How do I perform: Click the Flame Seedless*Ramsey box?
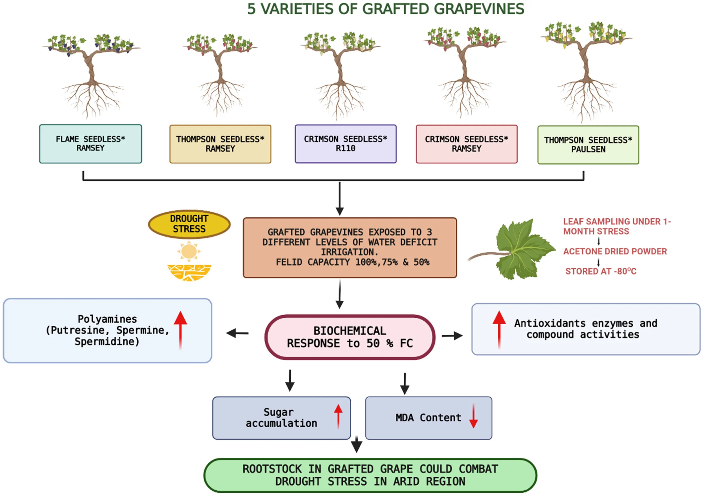coord(90,144)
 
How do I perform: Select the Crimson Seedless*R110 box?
coord(346,144)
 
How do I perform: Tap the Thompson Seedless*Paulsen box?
coord(588,145)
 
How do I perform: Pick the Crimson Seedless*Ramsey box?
coord(466,144)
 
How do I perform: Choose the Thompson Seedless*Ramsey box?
coord(220,144)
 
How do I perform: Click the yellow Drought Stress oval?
coord(189,224)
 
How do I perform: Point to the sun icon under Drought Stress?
coord(189,251)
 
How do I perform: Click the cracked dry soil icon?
coord(189,273)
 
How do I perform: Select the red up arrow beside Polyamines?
coord(180,330)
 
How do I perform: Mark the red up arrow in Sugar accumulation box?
coord(338,416)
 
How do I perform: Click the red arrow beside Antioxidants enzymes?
coord(499,329)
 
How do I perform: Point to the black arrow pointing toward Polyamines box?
coord(237,333)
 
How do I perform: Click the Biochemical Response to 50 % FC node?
coord(350,337)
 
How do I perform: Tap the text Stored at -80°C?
coord(601,271)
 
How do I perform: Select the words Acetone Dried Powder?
coord(615,251)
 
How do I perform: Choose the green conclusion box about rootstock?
coord(370,475)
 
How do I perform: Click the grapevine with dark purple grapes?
coord(91,74)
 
